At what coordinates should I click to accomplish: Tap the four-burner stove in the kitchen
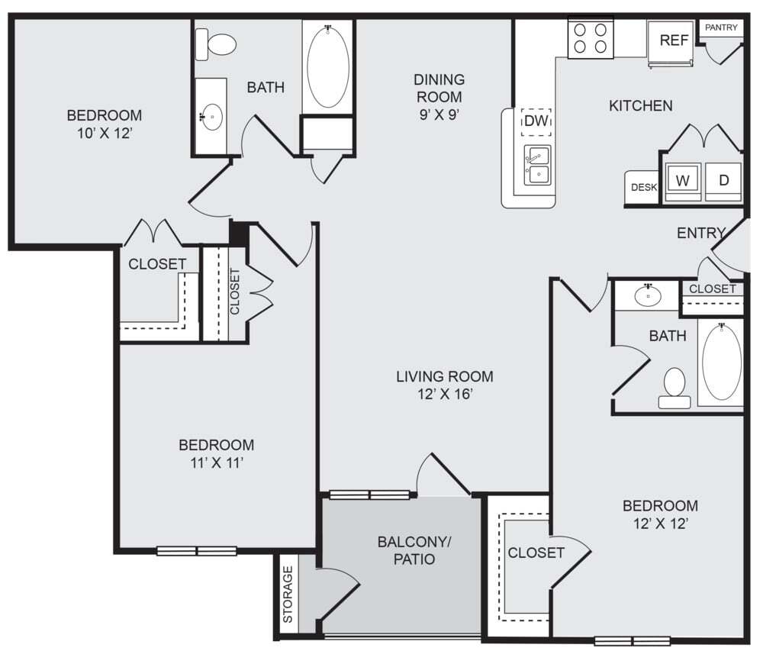click(591, 39)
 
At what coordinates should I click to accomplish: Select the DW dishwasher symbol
click(536, 121)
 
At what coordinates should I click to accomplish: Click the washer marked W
click(683, 181)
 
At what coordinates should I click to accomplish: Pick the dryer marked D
click(723, 181)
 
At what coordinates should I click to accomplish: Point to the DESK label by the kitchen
click(643, 187)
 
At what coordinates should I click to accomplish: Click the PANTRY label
click(721, 27)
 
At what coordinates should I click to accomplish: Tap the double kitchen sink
click(537, 166)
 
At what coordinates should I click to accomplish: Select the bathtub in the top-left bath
click(328, 67)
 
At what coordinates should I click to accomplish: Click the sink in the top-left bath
click(211, 118)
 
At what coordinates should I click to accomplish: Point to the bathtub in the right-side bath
click(721, 362)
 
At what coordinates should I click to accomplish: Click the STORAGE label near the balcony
click(288, 595)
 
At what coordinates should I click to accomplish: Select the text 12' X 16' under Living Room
click(444, 395)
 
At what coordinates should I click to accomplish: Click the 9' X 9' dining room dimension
click(438, 114)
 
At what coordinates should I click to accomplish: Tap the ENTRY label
click(700, 234)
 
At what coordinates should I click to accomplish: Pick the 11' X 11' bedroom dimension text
click(216, 463)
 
